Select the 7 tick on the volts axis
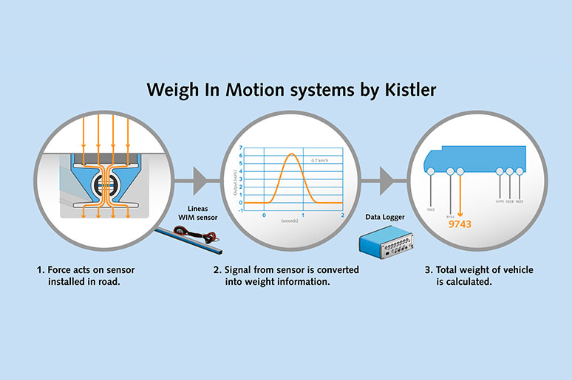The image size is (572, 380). [x=241, y=148]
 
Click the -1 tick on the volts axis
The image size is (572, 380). [x=240, y=210]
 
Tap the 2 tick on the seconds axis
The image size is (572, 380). [x=343, y=215]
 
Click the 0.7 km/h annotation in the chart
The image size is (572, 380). [x=320, y=160]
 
